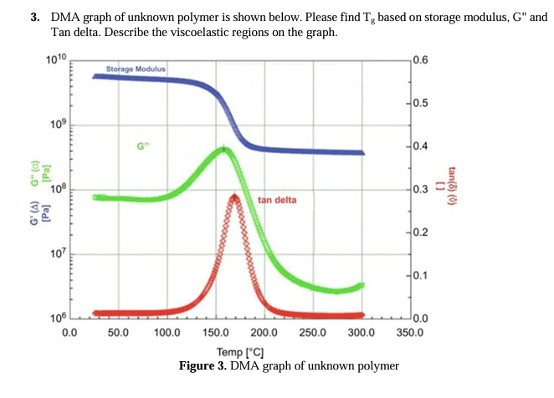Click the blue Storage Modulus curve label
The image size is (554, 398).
click(136, 68)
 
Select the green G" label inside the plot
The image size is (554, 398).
click(141, 146)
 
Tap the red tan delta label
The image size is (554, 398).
click(277, 200)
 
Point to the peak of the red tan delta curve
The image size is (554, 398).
click(234, 196)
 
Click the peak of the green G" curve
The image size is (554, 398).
click(223, 150)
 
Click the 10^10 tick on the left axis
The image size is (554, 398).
click(57, 59)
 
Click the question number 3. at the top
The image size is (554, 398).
click(37, 18)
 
